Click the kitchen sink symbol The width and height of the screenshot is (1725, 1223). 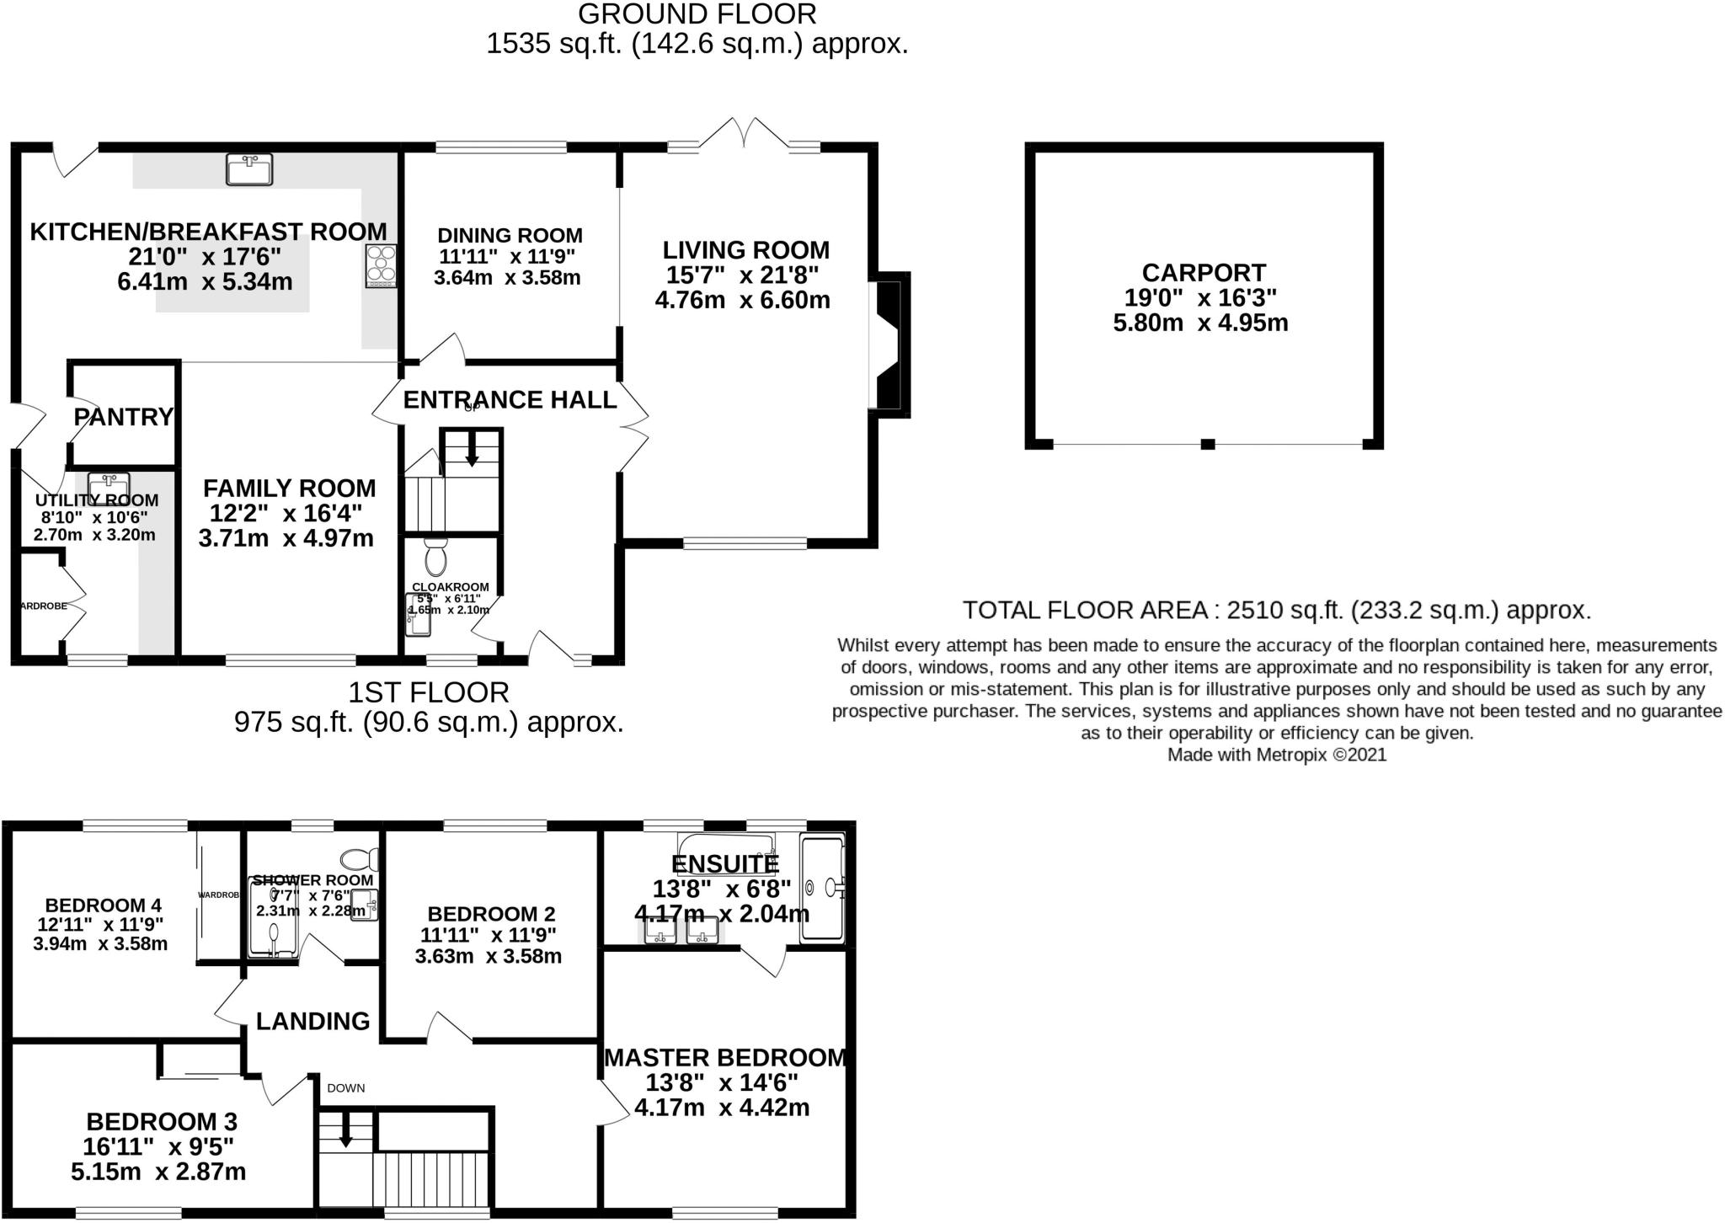249,169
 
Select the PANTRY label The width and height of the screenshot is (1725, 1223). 123,417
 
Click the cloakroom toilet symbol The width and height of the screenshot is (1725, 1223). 435,558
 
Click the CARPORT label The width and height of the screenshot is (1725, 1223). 1204,273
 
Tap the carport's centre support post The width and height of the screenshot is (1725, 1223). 1207,444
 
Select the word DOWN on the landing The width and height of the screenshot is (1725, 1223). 346,1087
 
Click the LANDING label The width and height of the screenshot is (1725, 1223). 313,1022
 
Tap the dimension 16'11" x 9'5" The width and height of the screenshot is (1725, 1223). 158,1146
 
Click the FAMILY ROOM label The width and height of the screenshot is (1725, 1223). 289,489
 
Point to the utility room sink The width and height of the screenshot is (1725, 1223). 109,486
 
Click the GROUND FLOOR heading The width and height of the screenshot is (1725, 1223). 697,14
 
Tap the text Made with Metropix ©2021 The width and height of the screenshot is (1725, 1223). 1276,755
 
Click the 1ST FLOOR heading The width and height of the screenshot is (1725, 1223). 429,692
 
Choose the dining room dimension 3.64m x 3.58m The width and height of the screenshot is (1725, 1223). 507,278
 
